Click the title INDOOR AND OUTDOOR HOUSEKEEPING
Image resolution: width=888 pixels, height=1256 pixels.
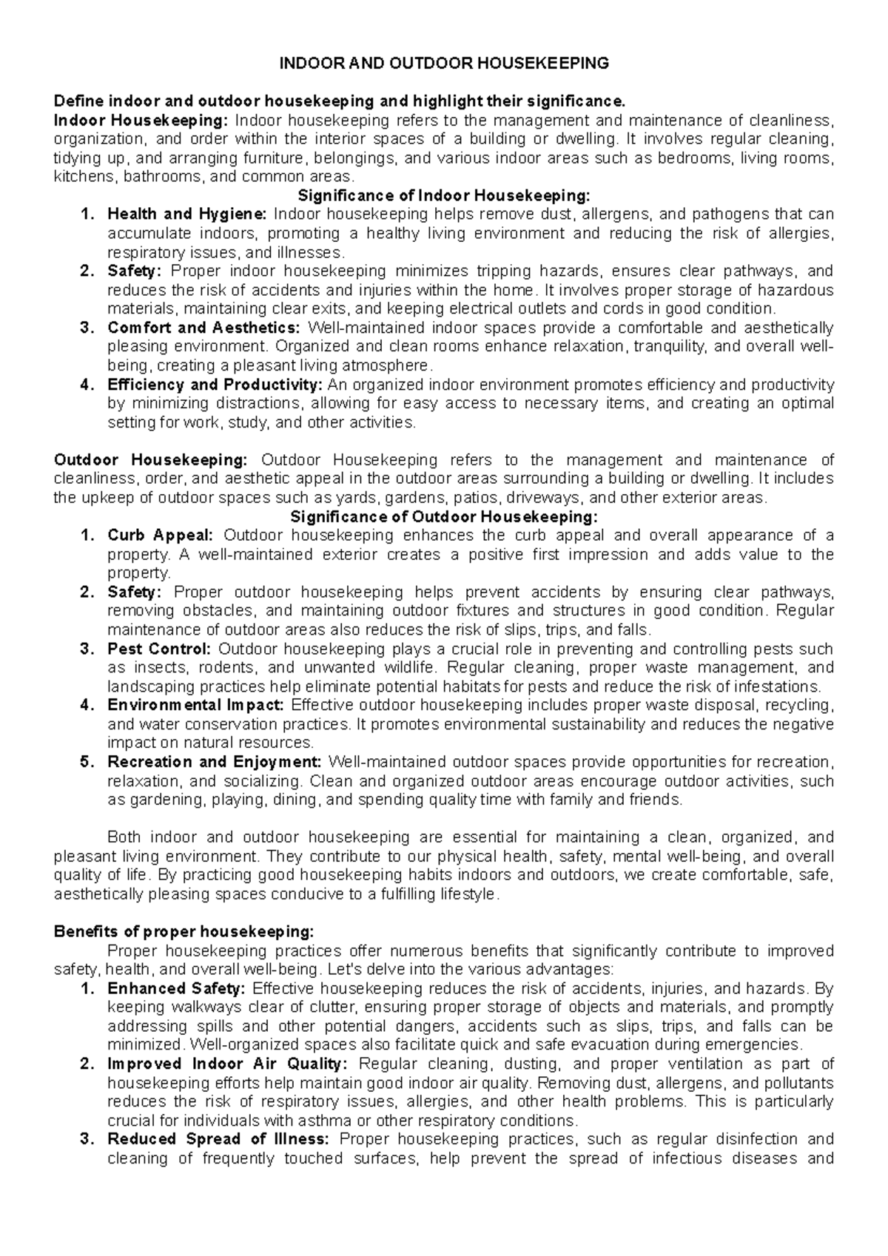[443, 64]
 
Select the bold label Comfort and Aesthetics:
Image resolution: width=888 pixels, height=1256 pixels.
[203, 328]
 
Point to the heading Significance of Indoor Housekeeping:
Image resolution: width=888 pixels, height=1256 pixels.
[443, 195]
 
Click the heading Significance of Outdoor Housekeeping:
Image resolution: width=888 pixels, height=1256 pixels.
[443, 516]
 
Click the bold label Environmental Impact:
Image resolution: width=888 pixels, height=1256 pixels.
[195, 705]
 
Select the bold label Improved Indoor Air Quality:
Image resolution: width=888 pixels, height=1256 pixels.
[227, 1064]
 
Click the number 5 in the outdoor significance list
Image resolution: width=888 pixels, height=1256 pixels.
[84, 762]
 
